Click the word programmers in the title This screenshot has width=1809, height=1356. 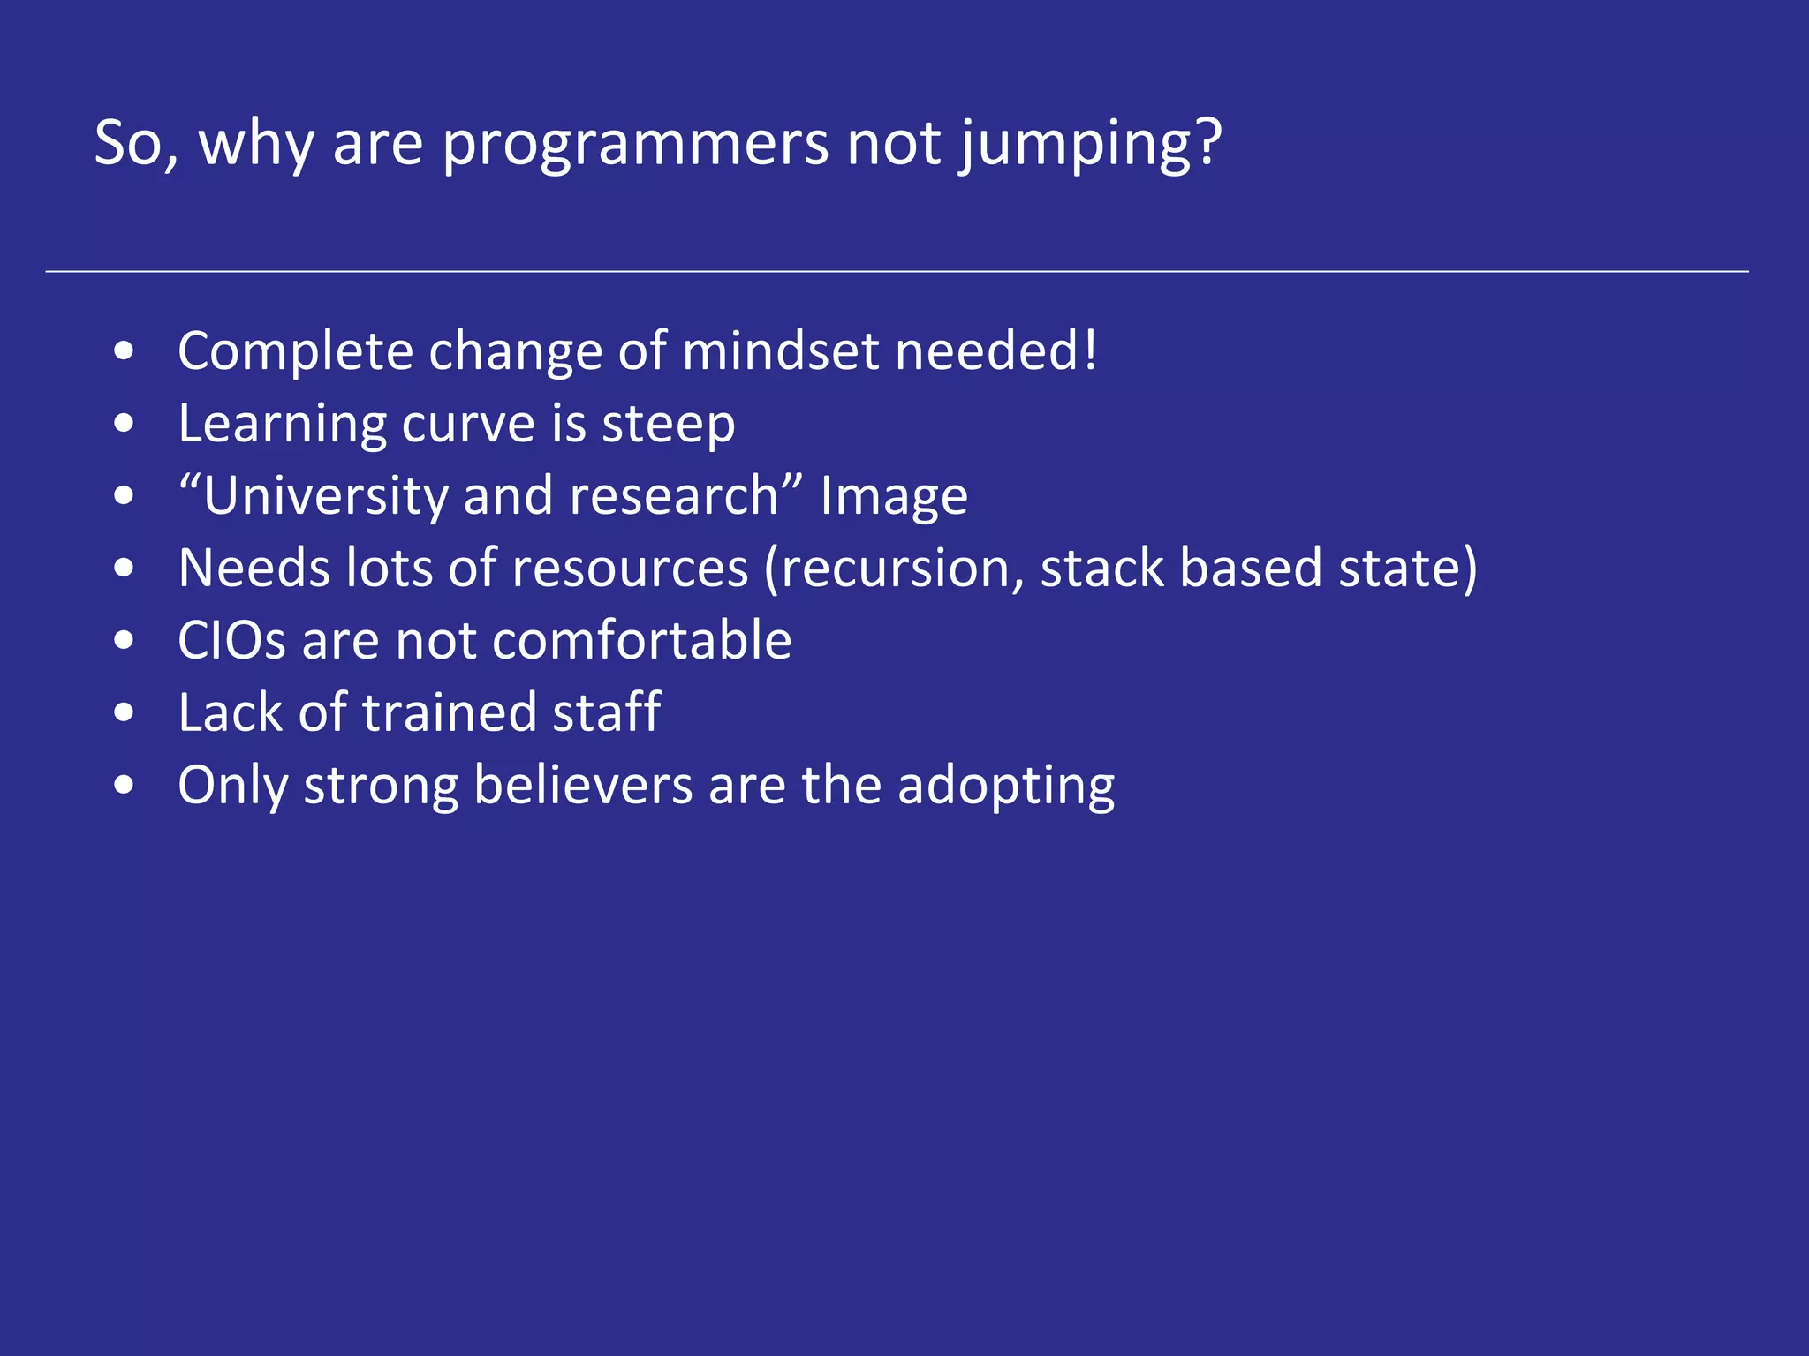tap(634, 144)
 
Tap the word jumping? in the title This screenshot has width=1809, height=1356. tap(1090, 144)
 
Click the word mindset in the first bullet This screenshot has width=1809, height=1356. tap(780, 351)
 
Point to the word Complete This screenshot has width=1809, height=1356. tap(295, 351)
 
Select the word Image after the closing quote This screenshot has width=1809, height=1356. tap(893, 496)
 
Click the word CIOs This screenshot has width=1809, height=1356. tap(231, 641)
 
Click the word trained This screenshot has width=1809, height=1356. tap(449, 713)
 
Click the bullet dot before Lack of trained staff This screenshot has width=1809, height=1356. tap(125, 713)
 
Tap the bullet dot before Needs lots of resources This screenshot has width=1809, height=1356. tap(125, 569)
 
